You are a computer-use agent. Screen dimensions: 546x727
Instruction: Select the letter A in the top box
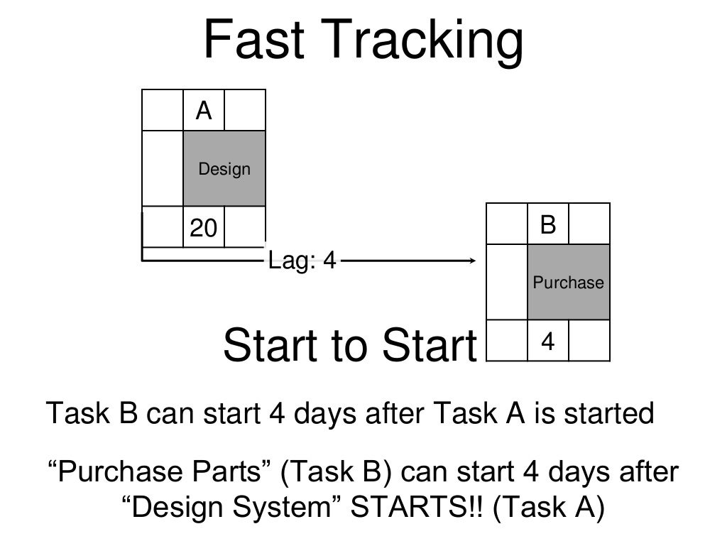coord(204,111)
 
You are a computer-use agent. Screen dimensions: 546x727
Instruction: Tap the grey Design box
coord(224,169)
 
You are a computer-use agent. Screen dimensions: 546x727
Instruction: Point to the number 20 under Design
coord(203,228)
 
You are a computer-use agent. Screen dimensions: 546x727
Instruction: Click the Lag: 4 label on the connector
coord(302,261)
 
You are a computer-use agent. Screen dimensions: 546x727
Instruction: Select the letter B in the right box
coord(547,225)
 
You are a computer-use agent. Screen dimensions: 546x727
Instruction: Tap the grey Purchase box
coord(568,282)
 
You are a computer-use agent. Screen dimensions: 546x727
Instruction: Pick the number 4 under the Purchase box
coord(547,343)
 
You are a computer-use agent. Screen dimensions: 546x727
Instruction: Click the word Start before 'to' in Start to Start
coord(273,346)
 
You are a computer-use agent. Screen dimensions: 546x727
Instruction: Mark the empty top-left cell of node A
coord(163,110)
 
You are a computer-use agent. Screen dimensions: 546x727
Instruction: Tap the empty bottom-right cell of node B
coord(589,341)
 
